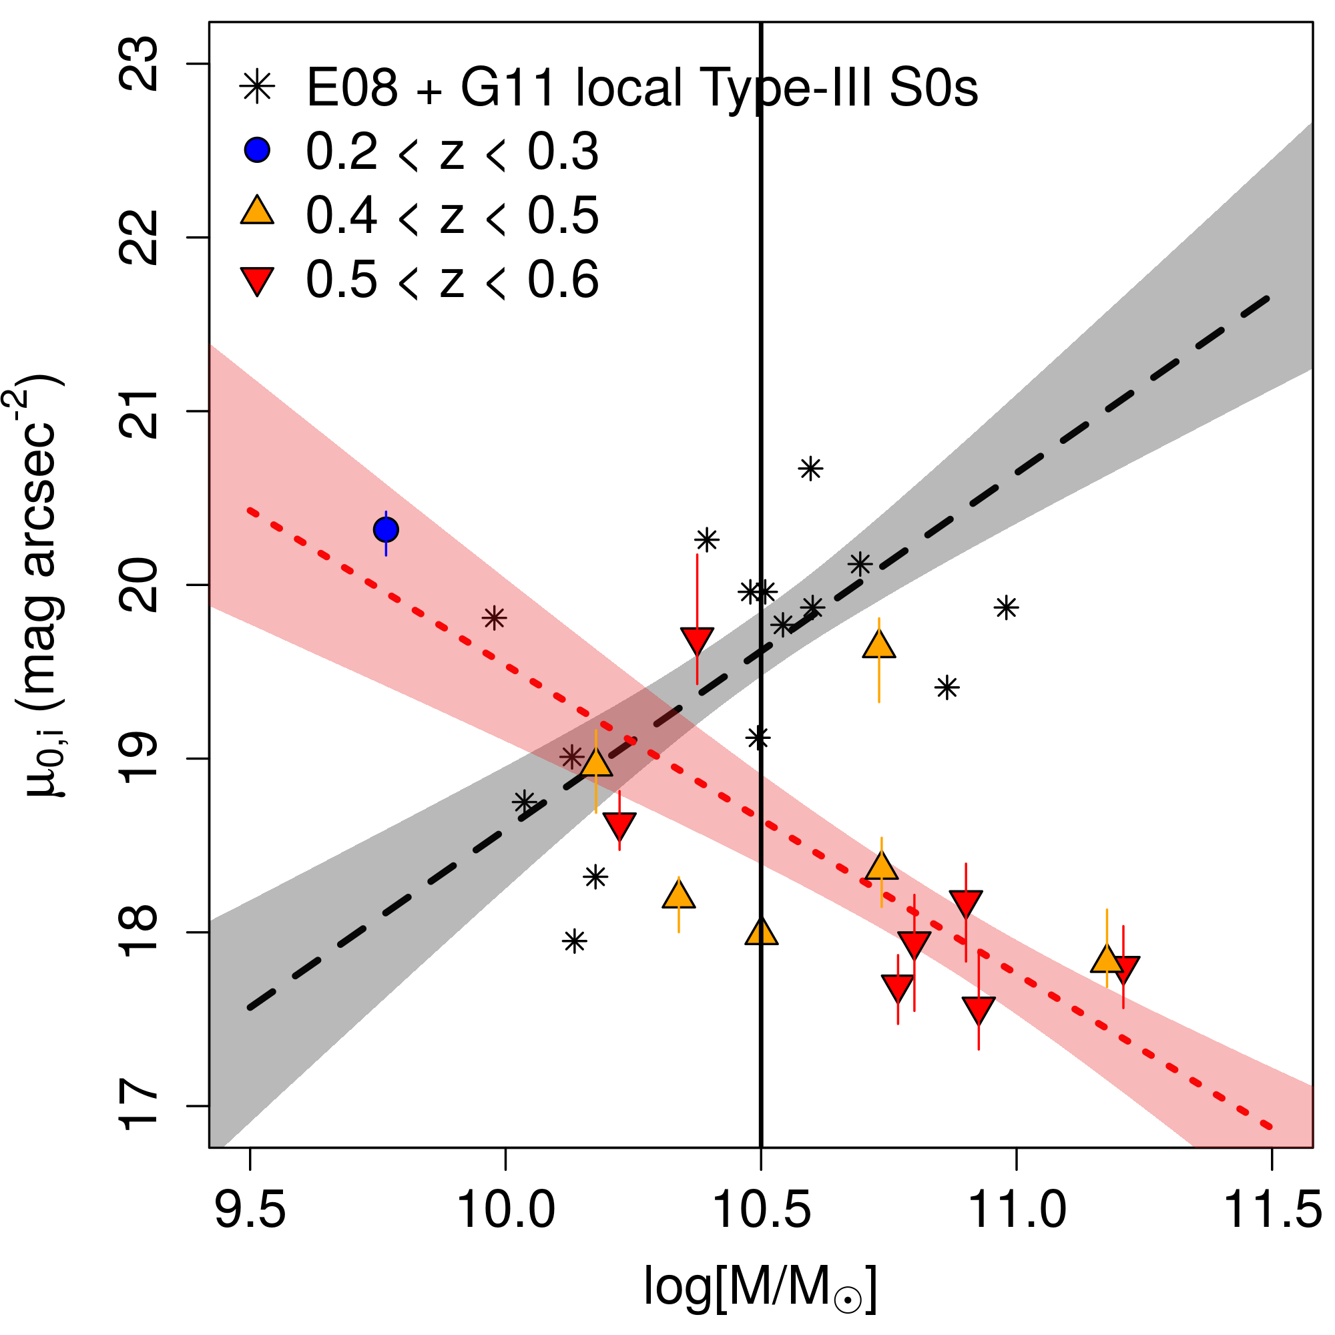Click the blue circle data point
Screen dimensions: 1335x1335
click(x=386, y=530)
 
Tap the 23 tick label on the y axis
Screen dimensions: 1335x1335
click(x=139, y=64)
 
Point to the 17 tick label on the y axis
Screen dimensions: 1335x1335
click(x=139, y=1105)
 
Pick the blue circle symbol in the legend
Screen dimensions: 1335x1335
click(x=257, y=150)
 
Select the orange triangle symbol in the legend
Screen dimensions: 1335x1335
click(x=257, y=212)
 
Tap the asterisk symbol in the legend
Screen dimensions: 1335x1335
click(x=257, y=87)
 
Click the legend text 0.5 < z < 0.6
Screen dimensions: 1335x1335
click(x=453, y=280)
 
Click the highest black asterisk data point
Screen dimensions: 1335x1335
click(x=810, y=469)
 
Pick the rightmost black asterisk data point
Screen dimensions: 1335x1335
click(x=1006, y=607)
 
